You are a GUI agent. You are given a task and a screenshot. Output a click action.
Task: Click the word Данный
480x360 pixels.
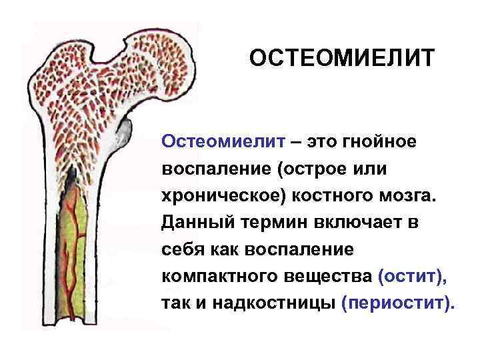198,223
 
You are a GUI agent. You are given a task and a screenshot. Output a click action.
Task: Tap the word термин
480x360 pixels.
275,223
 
